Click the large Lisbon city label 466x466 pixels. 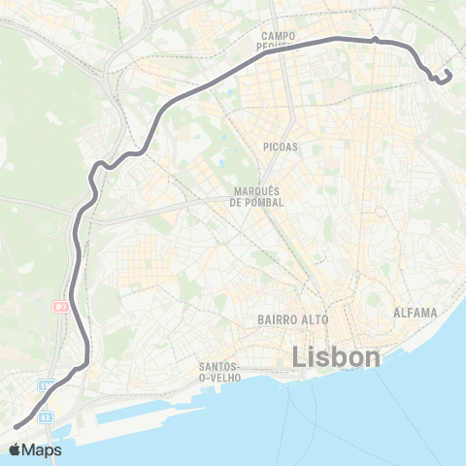click(337, 357)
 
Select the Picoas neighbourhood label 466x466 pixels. click(281, 147)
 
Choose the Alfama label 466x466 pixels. click(416, 313)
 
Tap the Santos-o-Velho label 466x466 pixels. click(221, 372)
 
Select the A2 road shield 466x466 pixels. click(45, 417)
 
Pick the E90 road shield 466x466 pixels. click(46, 385)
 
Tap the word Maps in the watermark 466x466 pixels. click(43, 449)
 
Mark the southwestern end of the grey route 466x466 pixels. click(15, 425)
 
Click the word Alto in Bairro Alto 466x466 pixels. click(316, 318)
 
